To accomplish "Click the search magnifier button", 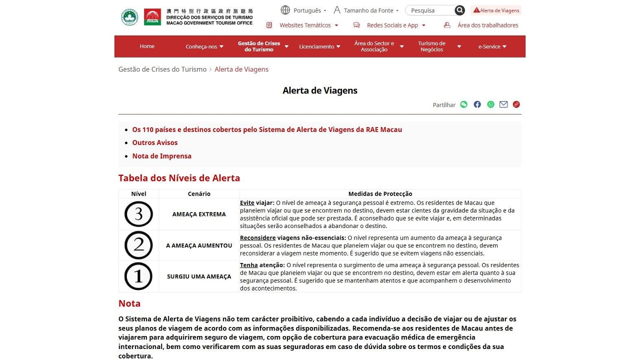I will click(x=459, y=10).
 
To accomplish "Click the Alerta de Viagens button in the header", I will click(x=496, y=10).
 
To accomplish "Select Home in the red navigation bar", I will click(x=147, y=46).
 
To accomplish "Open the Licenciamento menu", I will click(x=319, y=46).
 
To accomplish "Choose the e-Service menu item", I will click(x=492, y=46).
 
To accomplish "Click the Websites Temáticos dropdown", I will click(x=304, y=25).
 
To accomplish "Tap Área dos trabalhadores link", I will click(x=487, y=25).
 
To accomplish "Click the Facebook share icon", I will click(x=477, y=104).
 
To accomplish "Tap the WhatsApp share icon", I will click(x=490, y=104).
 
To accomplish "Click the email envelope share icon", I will click(x=503, y=104).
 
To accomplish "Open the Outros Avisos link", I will click(x=155, y=143).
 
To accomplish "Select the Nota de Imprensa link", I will click(x=161, y=156).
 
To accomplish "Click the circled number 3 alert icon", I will click(x=138, y=214).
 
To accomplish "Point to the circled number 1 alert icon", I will click(x=138, y=276).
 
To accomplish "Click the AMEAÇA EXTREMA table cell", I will click(x=199, y=214).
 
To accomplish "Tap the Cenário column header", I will click(x=199, y=194).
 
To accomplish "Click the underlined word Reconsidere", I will click(x=257, y=238).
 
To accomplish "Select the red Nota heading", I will click(x=129, y=303).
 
